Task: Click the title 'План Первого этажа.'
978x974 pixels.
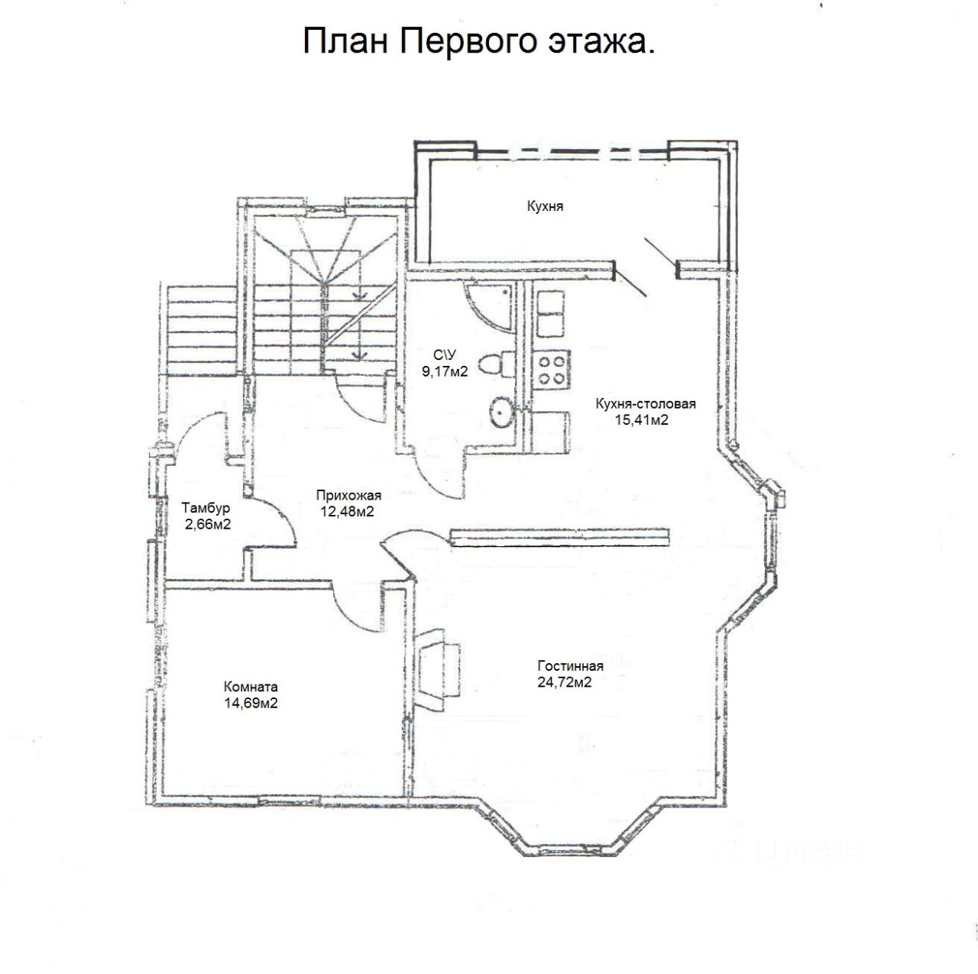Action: (x=479, y=42)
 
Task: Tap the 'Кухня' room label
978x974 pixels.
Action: (x=545, y=206)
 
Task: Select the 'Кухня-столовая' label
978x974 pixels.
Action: (x=646, y=404)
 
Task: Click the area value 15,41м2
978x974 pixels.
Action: (x=642, y=419)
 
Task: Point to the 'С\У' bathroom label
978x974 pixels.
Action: (x=444, y=355)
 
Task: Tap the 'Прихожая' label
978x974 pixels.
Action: (x=348, y=495)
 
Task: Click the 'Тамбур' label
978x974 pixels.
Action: (x=206, y=507)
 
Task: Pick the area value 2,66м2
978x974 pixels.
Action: (x=207, y=524)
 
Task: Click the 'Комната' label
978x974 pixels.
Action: (x=251, y=686)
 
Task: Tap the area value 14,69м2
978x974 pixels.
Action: (x=251, y=703)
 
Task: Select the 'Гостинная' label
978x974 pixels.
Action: (x=570, y=665)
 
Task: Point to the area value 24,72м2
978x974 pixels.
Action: (x=565, y=682)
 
